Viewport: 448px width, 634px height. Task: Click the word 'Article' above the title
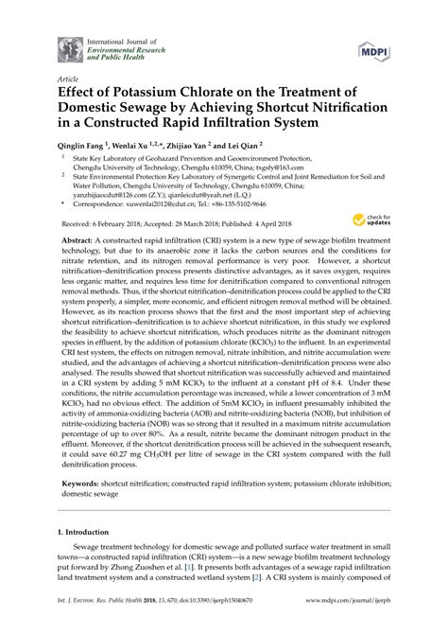(69, 79)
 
